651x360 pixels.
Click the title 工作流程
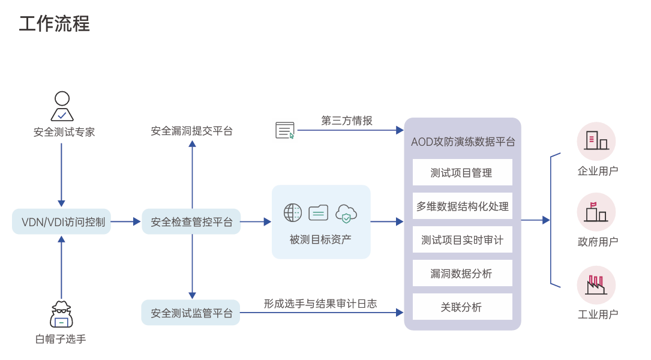[x=55, y=24]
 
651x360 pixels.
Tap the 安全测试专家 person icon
[x=62, y=106]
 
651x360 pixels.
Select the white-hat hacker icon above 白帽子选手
[x=61, y=314]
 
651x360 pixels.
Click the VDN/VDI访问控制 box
[x=62, y=222]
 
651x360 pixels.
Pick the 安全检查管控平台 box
[x=191, y=222]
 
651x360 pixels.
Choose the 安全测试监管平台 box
[x=191, y=313]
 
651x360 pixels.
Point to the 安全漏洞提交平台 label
[x=191, y=131]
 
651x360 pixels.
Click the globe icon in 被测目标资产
[x=293, y=212]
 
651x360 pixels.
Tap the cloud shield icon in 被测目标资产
[x=346, y=213]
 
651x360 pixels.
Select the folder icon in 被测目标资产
[x=319, y=212]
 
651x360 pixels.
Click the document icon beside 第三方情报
[x=285, y=130]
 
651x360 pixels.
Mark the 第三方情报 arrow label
[x=347, y=121]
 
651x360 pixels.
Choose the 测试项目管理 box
[x=462, y=172]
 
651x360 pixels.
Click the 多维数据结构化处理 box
[x=462, y=206]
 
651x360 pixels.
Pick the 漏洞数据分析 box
[x=462, y=273]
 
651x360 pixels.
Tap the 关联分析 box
[x=462, y=307]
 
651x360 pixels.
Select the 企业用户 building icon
[x=596, y=142]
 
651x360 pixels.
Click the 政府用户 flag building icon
[x=596, y=212]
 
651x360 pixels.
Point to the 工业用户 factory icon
[x=596, y=284]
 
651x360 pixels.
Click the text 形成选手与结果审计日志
[x=320, y=304]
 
